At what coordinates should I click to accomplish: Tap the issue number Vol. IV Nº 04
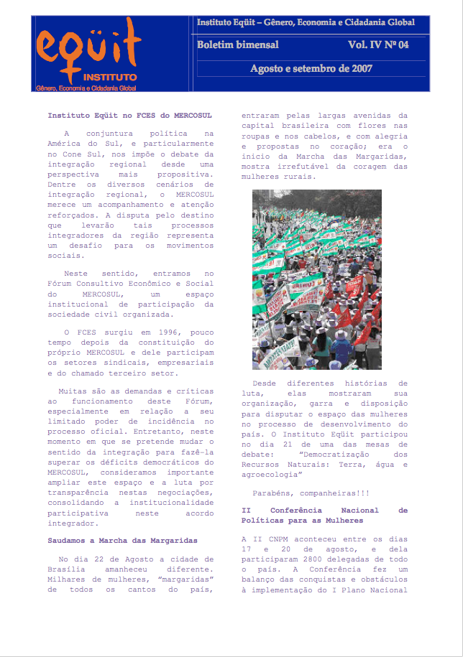click(x=378, y=45)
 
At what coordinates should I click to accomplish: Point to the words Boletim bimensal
click(x=238, y=45)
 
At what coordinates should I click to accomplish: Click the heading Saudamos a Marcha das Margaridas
click(x=122, y=539)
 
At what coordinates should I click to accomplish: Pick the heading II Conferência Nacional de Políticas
click(x=324, y=515)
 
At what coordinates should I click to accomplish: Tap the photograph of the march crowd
click(x=316, y=279)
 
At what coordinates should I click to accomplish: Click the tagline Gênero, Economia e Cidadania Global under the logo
click(x=86, y=88)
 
